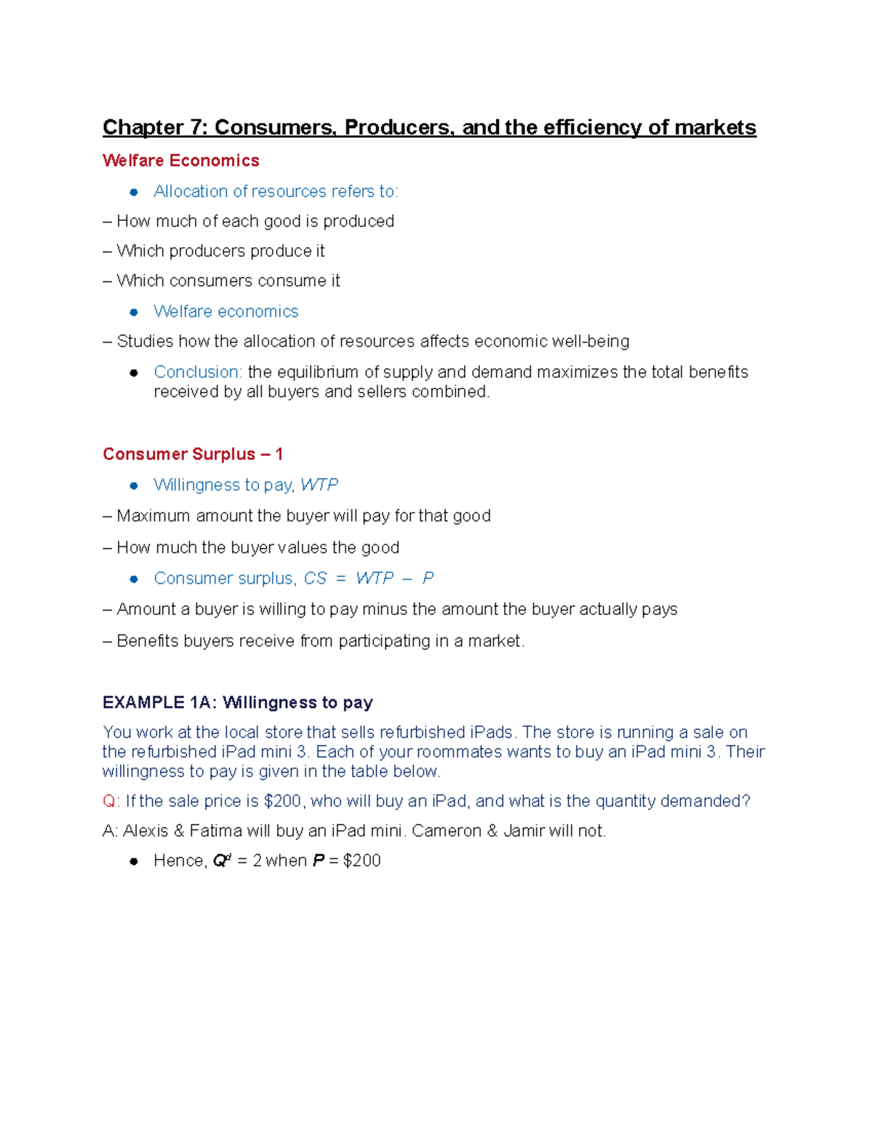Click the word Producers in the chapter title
click(398, 128)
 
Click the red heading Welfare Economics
click(180, 161)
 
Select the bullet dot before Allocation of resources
click(134, 192)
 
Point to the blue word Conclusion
click(197, 372)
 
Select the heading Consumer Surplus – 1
click(192, 454)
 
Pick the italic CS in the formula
click(315, 578)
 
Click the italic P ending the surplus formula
click(428, 578)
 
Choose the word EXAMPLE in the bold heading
click(143, 702)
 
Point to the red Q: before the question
click(111, 801)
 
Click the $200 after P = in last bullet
click(362, 861)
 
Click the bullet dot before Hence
click(134, 861)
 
